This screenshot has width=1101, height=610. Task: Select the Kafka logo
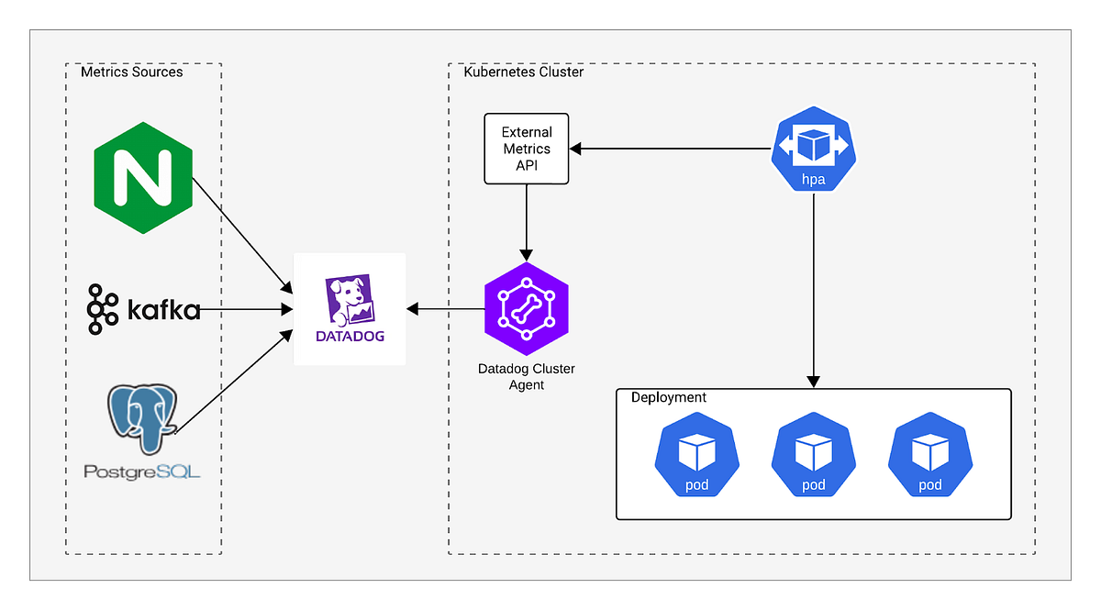pos(143,309)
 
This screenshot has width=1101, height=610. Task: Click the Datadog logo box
pos(349,309)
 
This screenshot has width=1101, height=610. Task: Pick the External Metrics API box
pos(526,149)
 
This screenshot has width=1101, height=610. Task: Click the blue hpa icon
pos(813,150)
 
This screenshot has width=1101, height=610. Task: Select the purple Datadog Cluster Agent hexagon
pos(526,309)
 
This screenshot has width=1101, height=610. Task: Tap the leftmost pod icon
pos(696,456)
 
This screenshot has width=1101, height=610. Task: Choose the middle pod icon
pos(813,456)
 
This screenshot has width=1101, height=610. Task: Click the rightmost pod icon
pos(929,456)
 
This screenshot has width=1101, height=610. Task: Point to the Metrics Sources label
pos(132,72)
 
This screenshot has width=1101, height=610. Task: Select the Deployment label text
pos(669,397)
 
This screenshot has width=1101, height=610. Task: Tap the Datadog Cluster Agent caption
pos(526,376)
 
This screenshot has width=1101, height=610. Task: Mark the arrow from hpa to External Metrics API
pos(670,149)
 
